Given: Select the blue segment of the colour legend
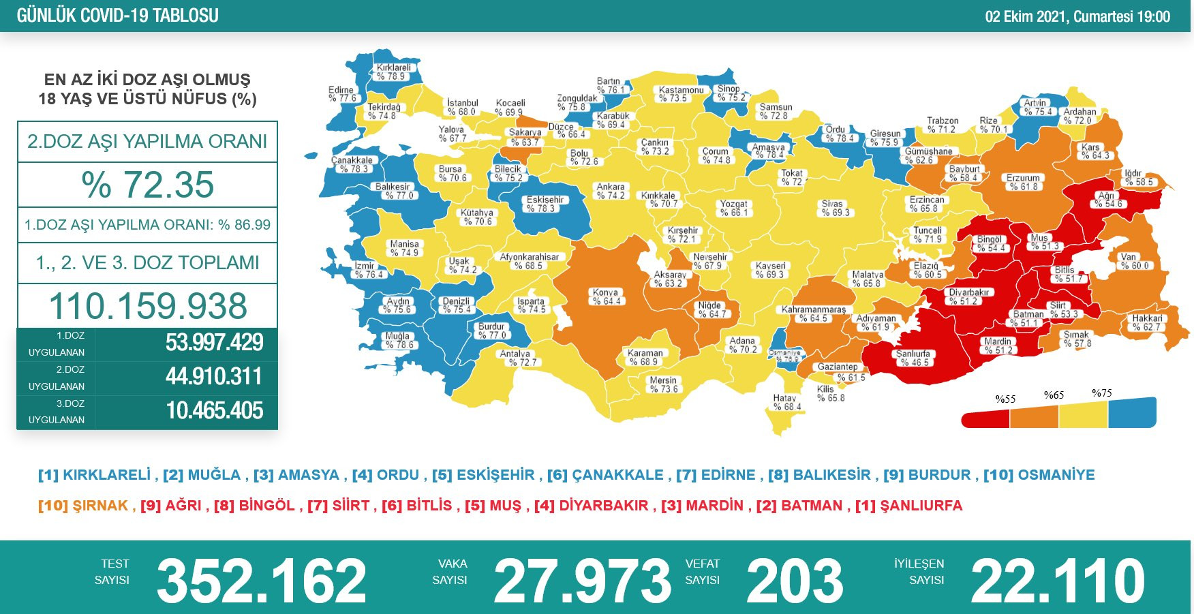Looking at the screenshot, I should (x=1132, y=412).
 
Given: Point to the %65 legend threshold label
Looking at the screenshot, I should (x=1054, y=395).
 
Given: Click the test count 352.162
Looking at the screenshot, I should (x=262, y=581).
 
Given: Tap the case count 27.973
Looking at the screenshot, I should (x=582, y=581).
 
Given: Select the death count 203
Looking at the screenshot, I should (x=795, y=581).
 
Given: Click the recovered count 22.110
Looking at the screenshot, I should (x=1057, y=581).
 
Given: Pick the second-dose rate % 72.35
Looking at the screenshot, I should (x=147, y=185).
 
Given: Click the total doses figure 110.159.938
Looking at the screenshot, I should (x=147, y=306).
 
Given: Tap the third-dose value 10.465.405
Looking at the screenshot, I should (x=214, y=411).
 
